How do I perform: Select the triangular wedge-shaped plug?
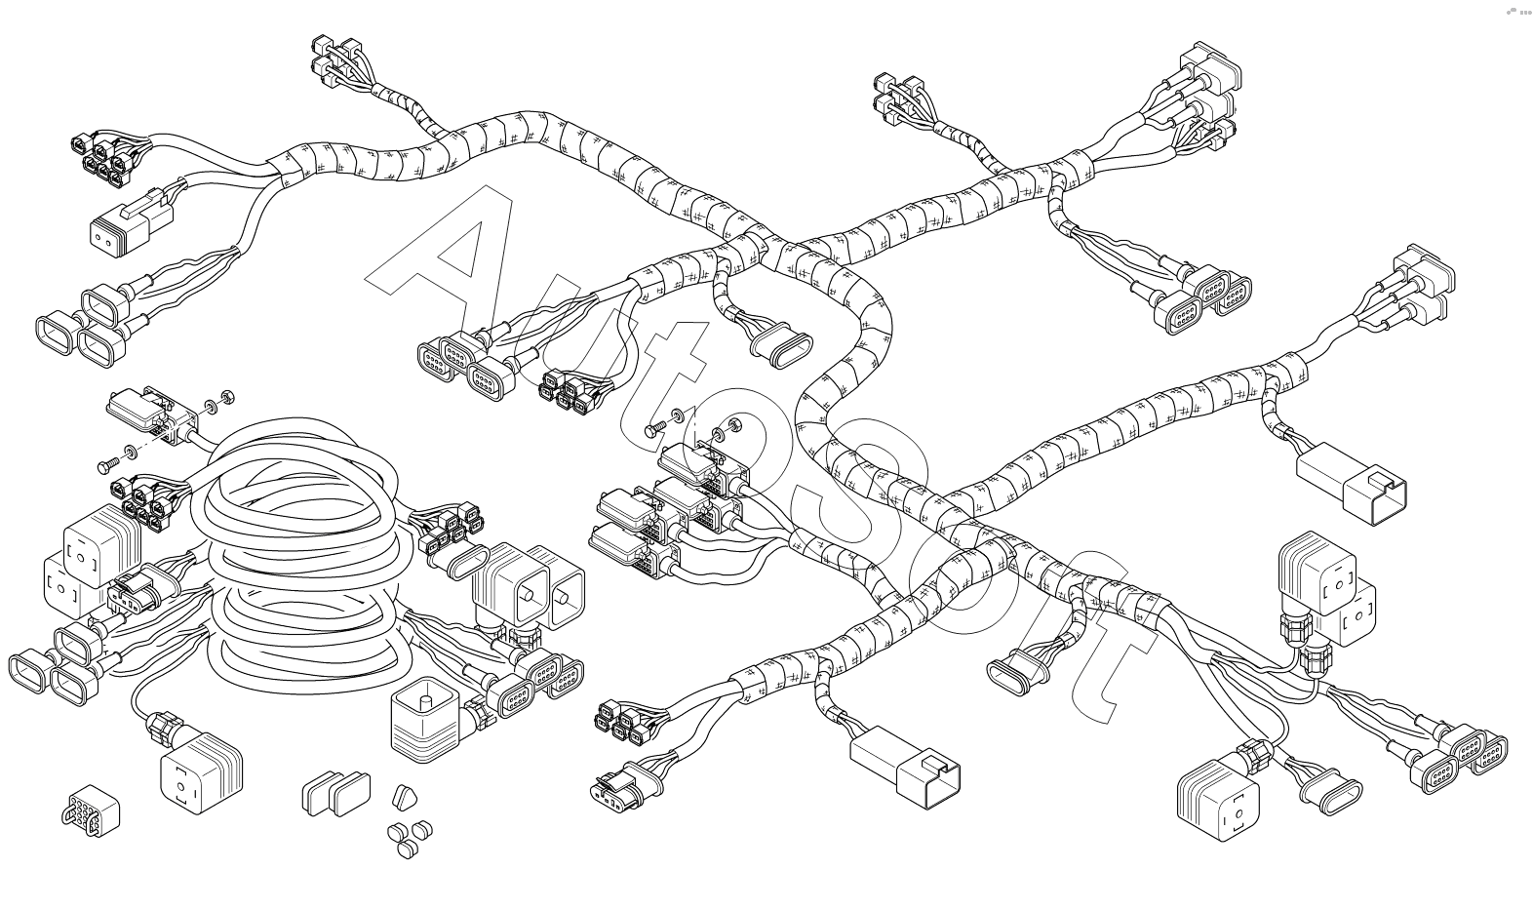[403, 797]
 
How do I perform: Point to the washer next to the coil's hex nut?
[212, 404]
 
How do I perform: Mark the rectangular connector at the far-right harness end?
[1351, 482]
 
